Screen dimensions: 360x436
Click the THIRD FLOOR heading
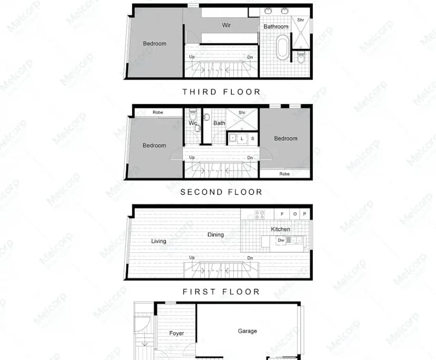pyautogui.click(x=221, y=92)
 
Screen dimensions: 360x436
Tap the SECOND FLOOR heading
pyautogui.click(x=221, y=192)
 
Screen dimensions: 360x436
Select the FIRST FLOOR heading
pyautogui.click(x=221, y=292)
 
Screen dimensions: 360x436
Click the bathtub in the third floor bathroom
pyautogui.click(x=283, y=47)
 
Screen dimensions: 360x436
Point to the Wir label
pyautogui.click(x=226, y=25)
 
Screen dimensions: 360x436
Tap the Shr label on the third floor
pyautogui.click(x=301, y=20)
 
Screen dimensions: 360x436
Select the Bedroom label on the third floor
pyautogui.click(x=154, y=44)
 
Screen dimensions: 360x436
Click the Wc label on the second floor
pyautogui.click(x=192, y=123)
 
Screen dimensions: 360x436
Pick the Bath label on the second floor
pyautogui.click(x=219, y=123)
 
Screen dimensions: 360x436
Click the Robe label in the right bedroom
pyautogui.click(x=284, y=174)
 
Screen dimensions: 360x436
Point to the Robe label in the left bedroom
pyautogui.click(x=157, y=112)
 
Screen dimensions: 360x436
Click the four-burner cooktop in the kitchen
pyautogui.click(x=260, y=214)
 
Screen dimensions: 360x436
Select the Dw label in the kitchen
pyautogui.click(x=281, y=240)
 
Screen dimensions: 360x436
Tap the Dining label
pyautogui.click(x=215, y=235)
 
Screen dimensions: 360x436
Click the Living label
pyautogui.click(x=158, y=241)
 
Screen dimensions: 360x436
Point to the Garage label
pyautogui.click(x=247, y=331)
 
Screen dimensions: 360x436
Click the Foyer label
pyautogui.click(x=176, y=333)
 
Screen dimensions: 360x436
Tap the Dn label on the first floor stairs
pyautogui.click(x=250, y=258)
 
